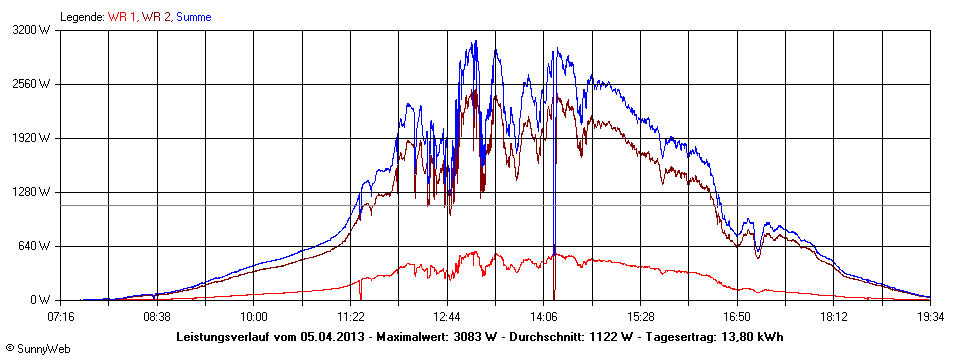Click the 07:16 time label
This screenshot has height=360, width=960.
(x=61, y=316)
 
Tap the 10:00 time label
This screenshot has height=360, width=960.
(x=254, y=316)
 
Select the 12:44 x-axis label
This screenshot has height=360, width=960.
(x=447, y=316)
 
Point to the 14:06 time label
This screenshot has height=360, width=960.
(x=544, y=316)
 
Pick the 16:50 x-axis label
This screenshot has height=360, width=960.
(x=737, y=316)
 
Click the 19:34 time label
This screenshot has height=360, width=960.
(x=930, y=316)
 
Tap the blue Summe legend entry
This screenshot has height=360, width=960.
(x=193, y=17)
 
